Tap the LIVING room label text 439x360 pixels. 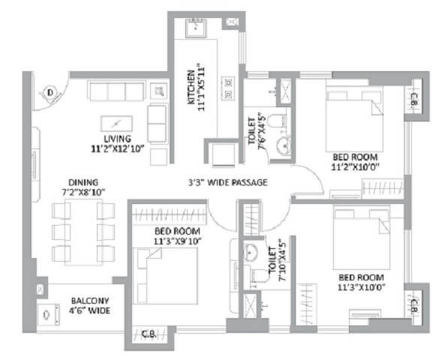coord(119,139)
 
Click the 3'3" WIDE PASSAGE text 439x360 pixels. coord(228,182)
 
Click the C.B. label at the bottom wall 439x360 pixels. coord(149,333)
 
